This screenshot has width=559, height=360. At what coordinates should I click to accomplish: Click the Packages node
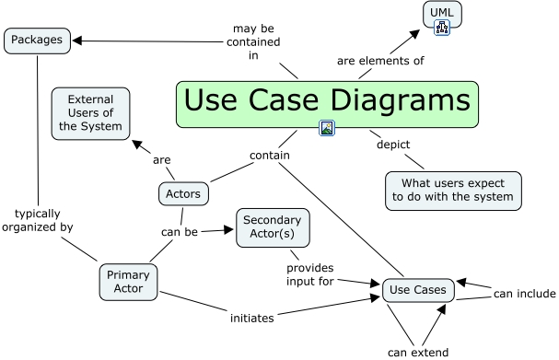click(37, 41)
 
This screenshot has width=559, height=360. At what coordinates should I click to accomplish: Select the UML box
click(442, 14)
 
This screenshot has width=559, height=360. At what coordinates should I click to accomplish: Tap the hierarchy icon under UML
click(442, 28)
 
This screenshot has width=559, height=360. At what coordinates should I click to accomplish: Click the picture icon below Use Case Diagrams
click(327, 128)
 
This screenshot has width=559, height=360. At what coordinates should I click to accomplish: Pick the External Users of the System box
click(90, 113)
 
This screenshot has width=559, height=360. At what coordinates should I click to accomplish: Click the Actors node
click(183, 194)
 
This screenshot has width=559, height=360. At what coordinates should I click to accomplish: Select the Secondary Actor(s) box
click(273, 227)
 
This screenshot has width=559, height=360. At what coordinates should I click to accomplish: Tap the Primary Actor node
click(128, 282)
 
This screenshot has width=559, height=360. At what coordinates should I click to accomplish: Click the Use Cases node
click(418, 290)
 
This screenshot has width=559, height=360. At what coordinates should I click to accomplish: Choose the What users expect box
click(453, 191)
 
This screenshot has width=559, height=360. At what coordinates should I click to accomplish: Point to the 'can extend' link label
click(418, 353)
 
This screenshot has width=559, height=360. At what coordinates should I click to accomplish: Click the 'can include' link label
click(524, 294)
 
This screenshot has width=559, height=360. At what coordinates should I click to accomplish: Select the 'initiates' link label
click(252, 318)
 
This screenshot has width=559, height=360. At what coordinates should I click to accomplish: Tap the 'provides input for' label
click(310, 274)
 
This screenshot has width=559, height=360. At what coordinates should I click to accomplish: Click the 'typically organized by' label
click(38, 220)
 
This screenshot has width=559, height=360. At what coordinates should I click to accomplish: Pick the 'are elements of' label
click(380, 61)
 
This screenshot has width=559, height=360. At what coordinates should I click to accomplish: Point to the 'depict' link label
click(393, 145)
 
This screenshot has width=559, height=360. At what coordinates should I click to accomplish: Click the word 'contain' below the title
click(270, 156)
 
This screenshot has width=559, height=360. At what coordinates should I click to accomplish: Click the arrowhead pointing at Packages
click(77, 41)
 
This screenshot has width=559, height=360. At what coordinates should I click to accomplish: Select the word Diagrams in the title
click(401, 101)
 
